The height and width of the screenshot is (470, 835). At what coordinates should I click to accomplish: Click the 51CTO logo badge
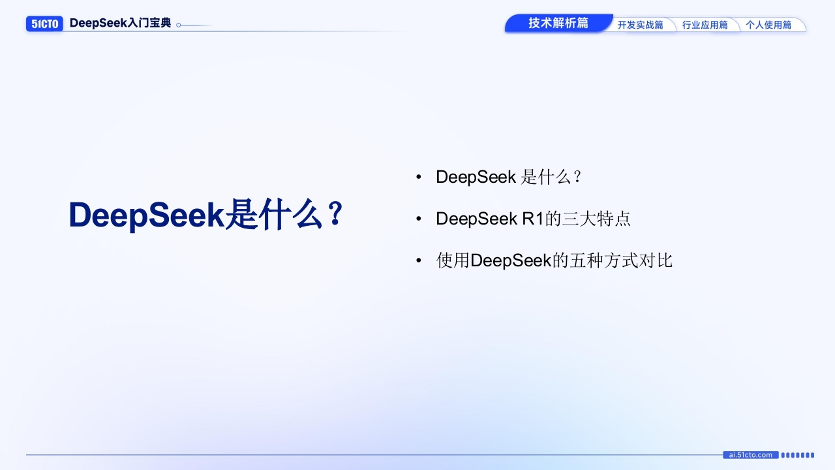tap(44, 24)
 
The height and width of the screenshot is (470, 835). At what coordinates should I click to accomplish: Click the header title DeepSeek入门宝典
tap(121, 23)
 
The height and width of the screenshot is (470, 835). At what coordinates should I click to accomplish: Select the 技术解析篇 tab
tap(558, 23)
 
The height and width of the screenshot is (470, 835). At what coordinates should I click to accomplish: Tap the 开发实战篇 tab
tap(641, 25)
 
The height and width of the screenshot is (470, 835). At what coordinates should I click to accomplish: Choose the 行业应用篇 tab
tap(705, 25)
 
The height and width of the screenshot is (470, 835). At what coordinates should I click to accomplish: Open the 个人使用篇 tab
tap(768, 25)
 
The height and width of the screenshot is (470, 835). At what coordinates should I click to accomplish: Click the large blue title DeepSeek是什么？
tap(206, 215)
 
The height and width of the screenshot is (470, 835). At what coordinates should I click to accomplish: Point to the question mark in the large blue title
tap(336, 213)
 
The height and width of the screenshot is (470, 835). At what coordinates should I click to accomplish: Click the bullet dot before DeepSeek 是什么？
tap(419, 177)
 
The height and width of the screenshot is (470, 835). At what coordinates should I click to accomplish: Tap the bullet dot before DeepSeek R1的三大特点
tap(419, 219)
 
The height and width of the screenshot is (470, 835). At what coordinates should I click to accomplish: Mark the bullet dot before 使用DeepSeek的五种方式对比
tap(419, 260)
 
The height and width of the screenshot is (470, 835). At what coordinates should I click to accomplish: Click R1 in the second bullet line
tap(533, 219)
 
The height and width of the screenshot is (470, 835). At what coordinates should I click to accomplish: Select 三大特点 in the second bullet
tap(596, 219)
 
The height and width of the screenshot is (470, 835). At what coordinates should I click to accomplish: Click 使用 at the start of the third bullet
tap(453, 260)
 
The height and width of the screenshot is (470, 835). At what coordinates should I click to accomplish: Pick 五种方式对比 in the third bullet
tap(621, 260)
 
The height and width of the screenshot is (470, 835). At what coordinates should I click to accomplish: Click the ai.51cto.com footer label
tap(751, 455)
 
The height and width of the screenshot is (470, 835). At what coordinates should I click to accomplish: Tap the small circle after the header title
tap(179, 25)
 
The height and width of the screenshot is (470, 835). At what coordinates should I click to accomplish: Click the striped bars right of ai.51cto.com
tap(798, 455)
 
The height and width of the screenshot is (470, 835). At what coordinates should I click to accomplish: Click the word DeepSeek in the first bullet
tap(476, 177)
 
